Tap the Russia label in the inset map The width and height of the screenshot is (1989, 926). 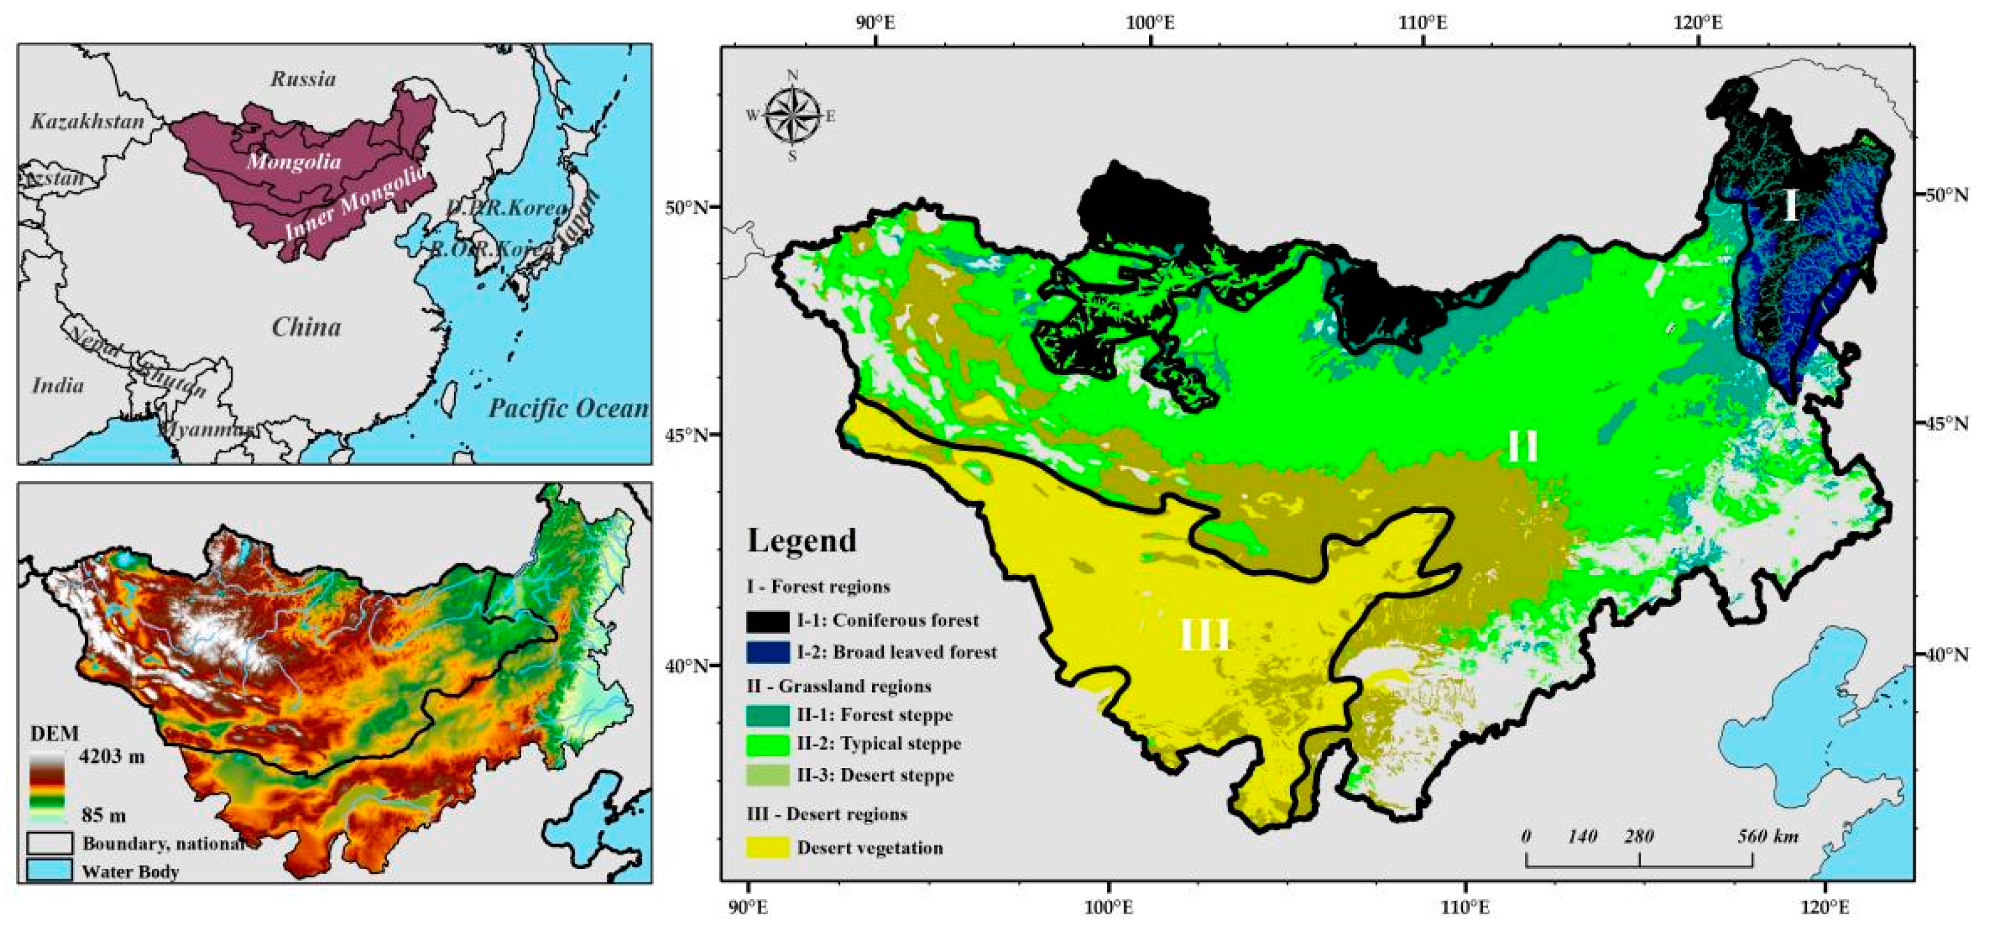[x=303, y=79]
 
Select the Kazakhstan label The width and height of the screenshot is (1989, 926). [x=88, y=121]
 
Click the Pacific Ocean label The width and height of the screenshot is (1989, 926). [x=568, y=408]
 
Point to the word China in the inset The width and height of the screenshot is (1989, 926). [x=306, y=327]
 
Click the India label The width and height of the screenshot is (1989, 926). [x=57, y=385]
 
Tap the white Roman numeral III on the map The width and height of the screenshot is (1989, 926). [x=1204, y=635]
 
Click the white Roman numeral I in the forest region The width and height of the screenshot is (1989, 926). [x=1790, y=206]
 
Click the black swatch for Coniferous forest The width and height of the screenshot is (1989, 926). [x=768, y=620]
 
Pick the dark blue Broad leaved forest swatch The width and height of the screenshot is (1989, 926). [x=768, y=652]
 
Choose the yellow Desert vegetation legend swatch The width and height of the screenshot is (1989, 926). [x=768, y=847]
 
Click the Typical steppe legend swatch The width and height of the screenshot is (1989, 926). [x=768, y=744]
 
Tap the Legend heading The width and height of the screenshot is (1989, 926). [x=801, y=540]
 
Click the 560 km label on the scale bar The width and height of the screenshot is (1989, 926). [x=1767, y=836]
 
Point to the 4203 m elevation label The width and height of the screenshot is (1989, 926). [x=111, y=756]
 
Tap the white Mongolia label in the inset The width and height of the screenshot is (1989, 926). [x=294, y=161]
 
